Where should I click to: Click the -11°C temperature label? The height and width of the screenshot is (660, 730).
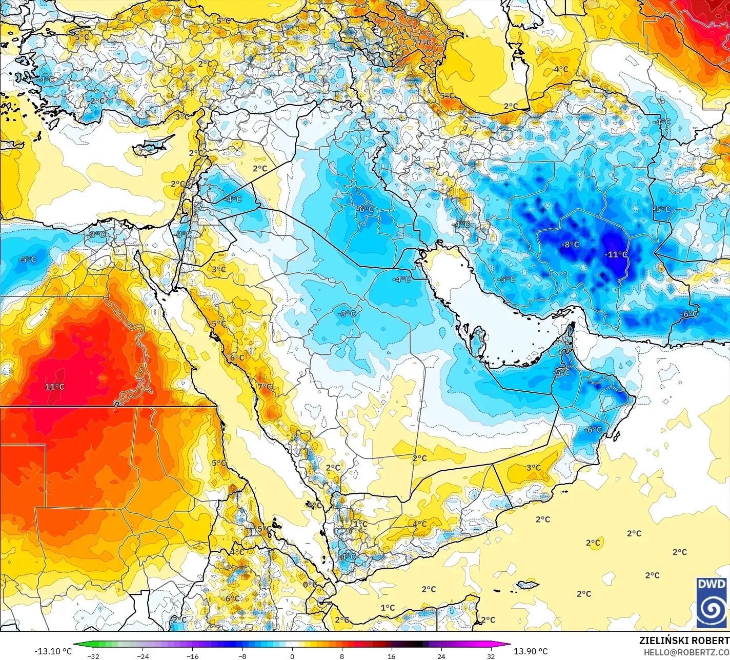tap(616, 254)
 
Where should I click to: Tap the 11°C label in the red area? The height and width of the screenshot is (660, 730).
tap(54, 387)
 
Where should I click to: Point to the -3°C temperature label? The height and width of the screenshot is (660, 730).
tap(348, 314)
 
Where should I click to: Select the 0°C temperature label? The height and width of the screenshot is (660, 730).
tap(309, 585)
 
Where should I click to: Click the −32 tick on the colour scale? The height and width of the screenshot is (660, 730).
tap(93, 655)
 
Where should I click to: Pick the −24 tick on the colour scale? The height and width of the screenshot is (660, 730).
tap(143, 655)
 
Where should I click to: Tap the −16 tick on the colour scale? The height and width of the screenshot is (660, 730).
tap(192, 655)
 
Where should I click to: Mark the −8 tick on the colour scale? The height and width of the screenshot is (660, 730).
tap(242, 655)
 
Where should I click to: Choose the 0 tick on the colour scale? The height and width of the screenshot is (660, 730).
tap(292, 655)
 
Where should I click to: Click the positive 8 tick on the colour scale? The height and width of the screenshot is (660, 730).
tap(341, 655)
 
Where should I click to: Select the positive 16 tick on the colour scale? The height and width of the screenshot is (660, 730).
tap(391, 655)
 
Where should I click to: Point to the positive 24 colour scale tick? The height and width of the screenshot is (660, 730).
tap(441, 655)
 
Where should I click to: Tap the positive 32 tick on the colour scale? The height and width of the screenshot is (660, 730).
tap(491, 655)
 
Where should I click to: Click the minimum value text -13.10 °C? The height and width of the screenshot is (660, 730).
tap(53, 651)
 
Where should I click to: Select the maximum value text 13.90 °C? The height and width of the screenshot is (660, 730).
tap(531, 651)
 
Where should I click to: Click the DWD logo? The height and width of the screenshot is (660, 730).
tap(711, 603)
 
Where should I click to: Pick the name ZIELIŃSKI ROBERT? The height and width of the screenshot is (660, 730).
tap(684, 641)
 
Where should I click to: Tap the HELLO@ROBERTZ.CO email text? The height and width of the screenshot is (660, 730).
tap(686, 652)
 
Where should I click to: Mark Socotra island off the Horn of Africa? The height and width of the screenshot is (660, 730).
tap(528, 585)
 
